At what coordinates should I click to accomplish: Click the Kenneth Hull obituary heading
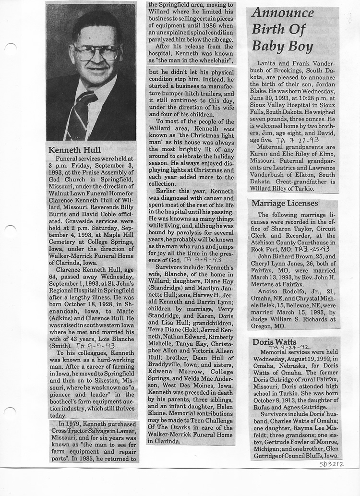[75, 150]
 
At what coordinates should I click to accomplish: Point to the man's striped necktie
[80, 115]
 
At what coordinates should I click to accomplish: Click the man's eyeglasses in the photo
[96, 52]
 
